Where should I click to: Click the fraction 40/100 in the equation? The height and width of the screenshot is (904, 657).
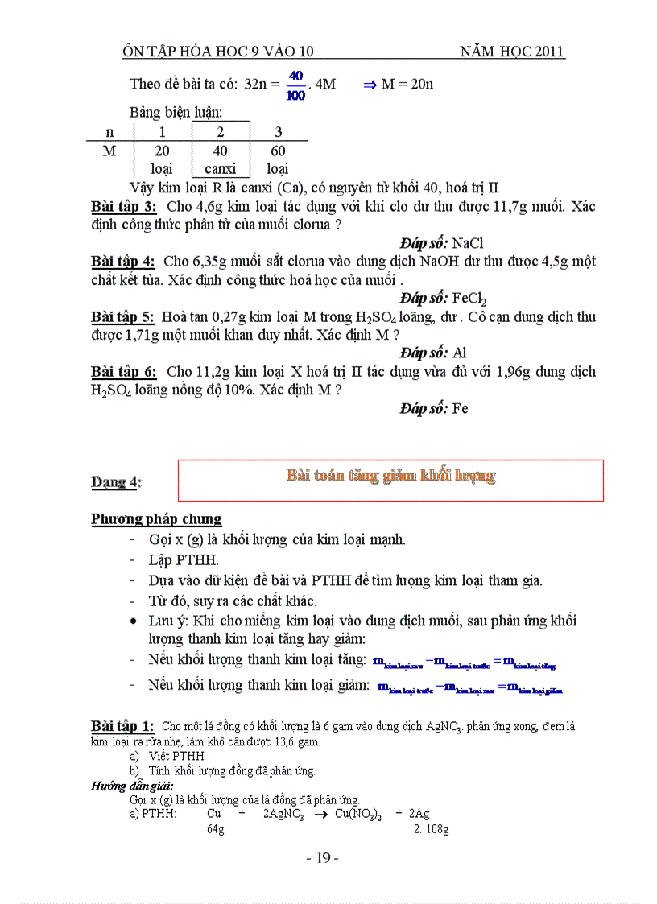pyautogui.click(x=295, y=85)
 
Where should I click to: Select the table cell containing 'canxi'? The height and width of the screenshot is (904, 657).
pyautogui.click(x=221, y=169)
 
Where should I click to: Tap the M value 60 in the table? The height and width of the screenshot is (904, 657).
pyautogui.click(x=278, y=151)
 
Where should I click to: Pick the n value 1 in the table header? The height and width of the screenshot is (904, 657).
pyautogui.click(x=162, y=131)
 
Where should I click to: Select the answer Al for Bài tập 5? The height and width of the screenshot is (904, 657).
pyautogui.click(x=460, y=353)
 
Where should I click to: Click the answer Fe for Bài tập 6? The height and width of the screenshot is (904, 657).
pyautogui.click(x=461, y=408)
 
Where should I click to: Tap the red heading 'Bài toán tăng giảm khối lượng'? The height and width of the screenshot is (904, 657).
pyautogui.click(x=390, y=476)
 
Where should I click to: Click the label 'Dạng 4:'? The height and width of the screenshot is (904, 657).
pyautogui.click(x=116, y=482)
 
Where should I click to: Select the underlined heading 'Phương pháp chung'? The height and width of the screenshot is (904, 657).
pyautogui.click(x=156, y=519)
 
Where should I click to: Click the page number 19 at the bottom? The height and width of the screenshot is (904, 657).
pyautogui.click(x=323, y=858)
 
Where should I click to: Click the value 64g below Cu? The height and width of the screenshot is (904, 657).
pyautogui.click(x=215, y=829)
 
